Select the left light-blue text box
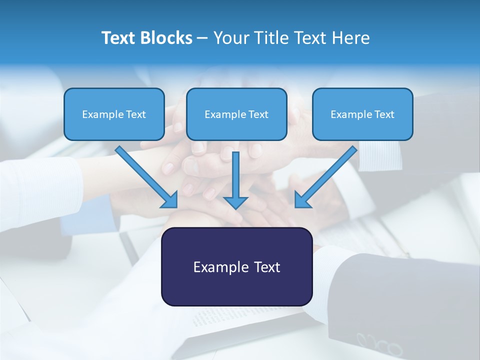click(x=114, y=114)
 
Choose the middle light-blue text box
click(x=236, y=114)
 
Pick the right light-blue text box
click(x=362, y=114)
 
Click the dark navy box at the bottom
click(x=236, y=266)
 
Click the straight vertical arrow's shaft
click(x=235, y=172)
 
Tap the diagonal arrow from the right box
click(x=328, y=175)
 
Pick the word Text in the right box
click(x=384, y=114)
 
